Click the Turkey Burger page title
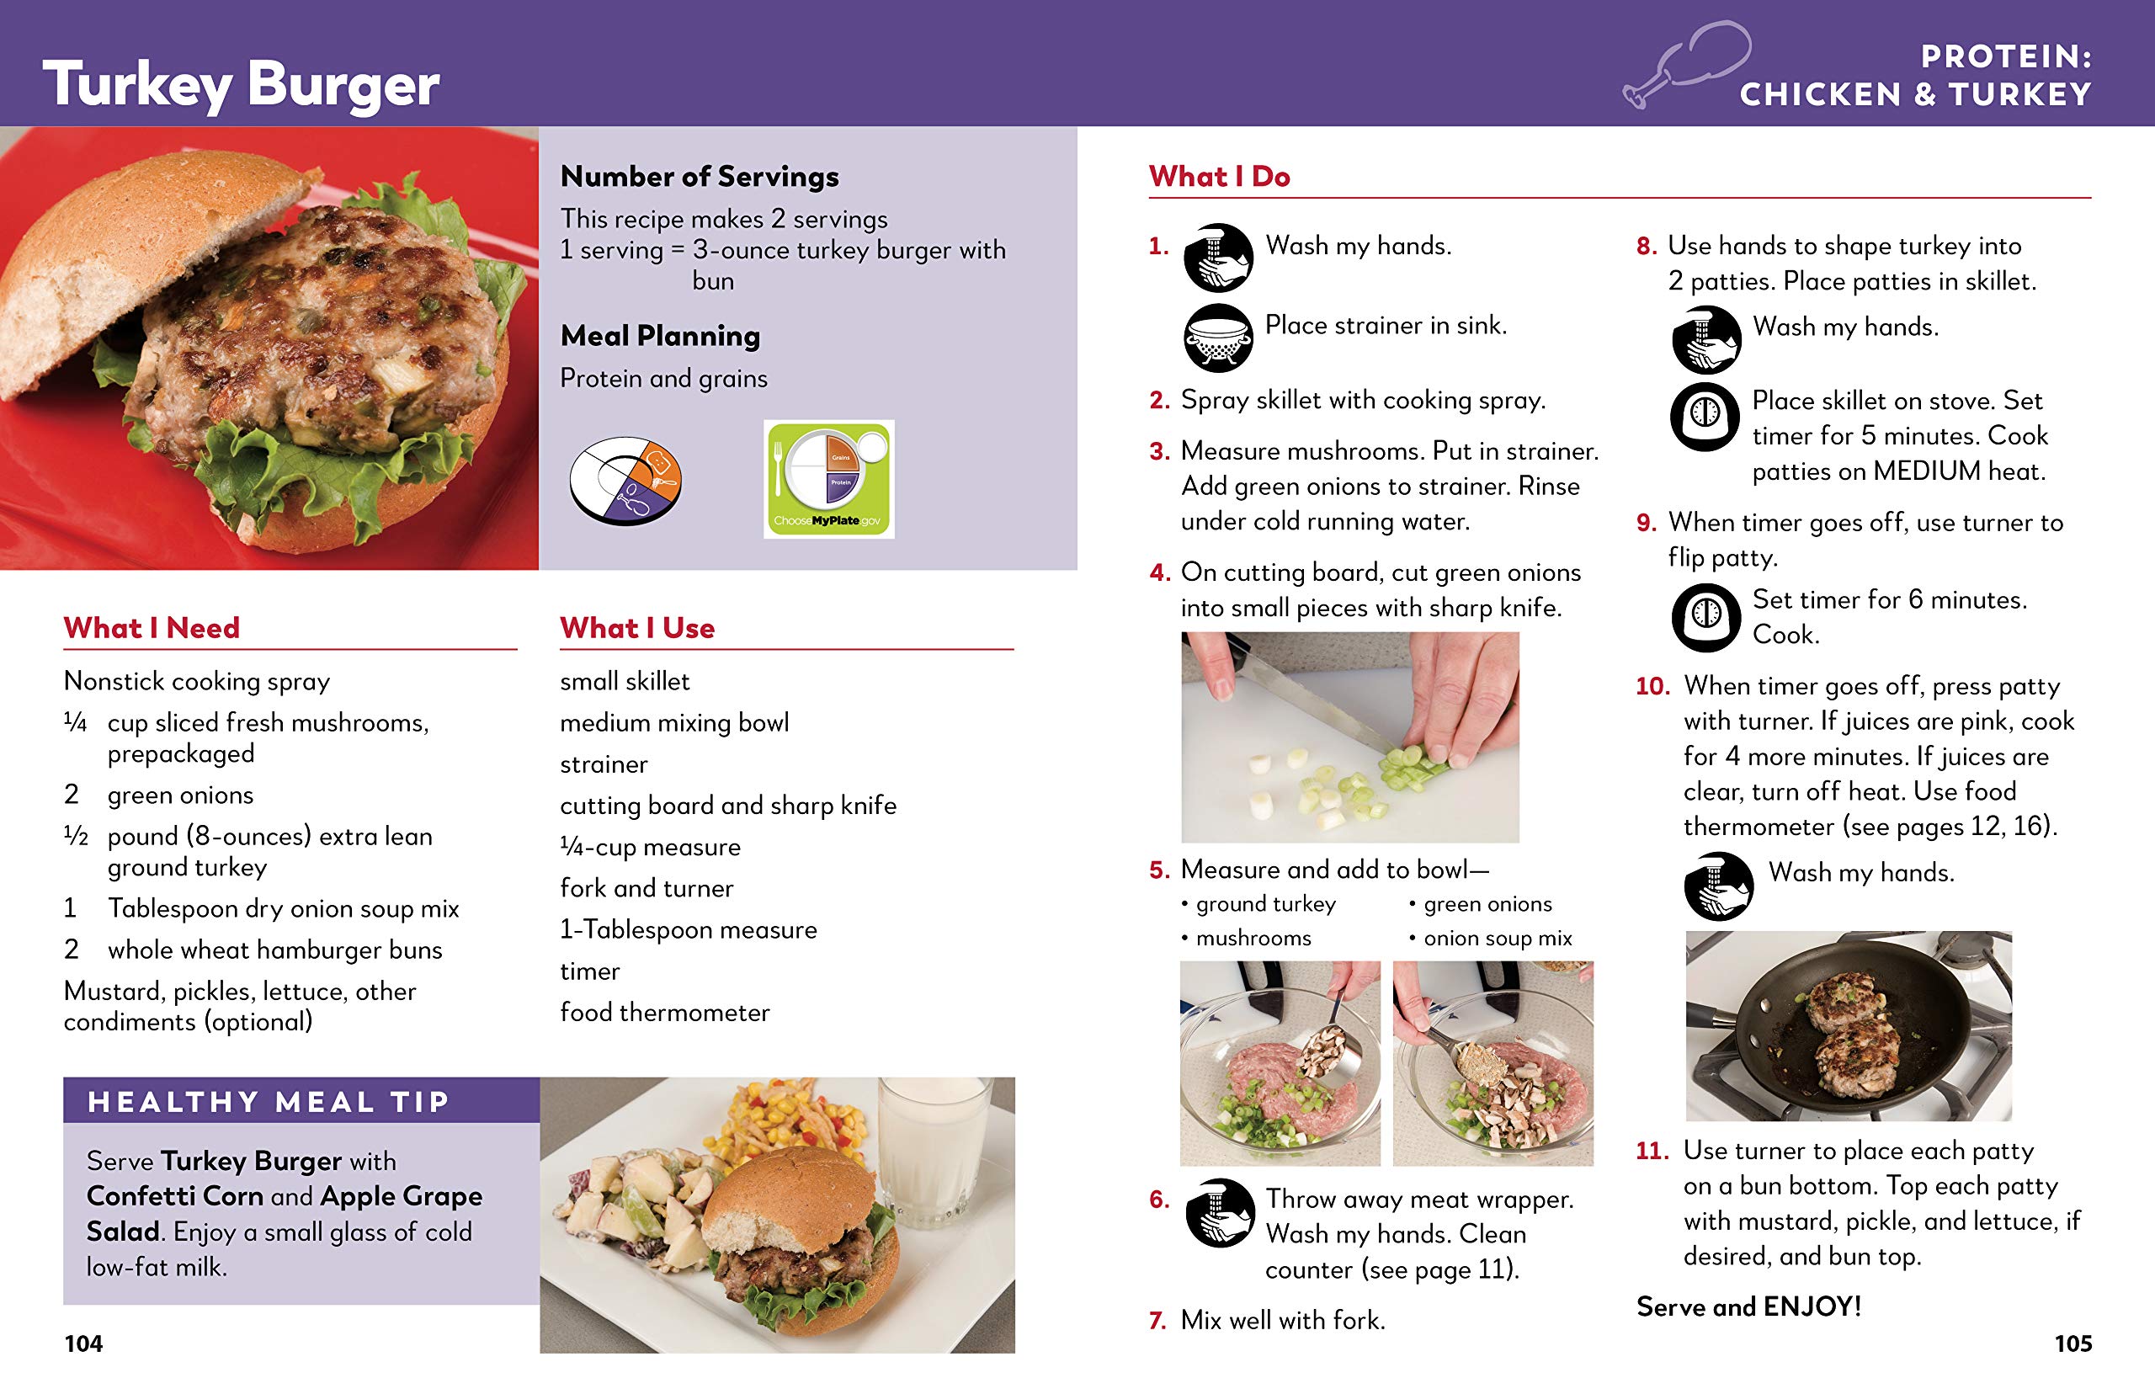point(241,85)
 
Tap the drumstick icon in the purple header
point(1685,65)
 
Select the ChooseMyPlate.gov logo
point(828,479)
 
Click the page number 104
point(83,1343)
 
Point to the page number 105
point(2073,1343)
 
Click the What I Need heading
point(152,628)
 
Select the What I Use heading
point(637,628)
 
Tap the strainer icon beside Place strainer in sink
point(1218,338)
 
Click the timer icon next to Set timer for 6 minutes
point(1705,617)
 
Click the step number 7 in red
point(1157,1321)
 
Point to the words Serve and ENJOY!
point(1748,1306)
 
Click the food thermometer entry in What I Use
point(664,1012)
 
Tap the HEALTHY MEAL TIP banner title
point(268,1102)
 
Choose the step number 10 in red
point(1652,686)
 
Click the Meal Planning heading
point(660,336)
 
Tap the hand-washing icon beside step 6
point(1219,1213)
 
